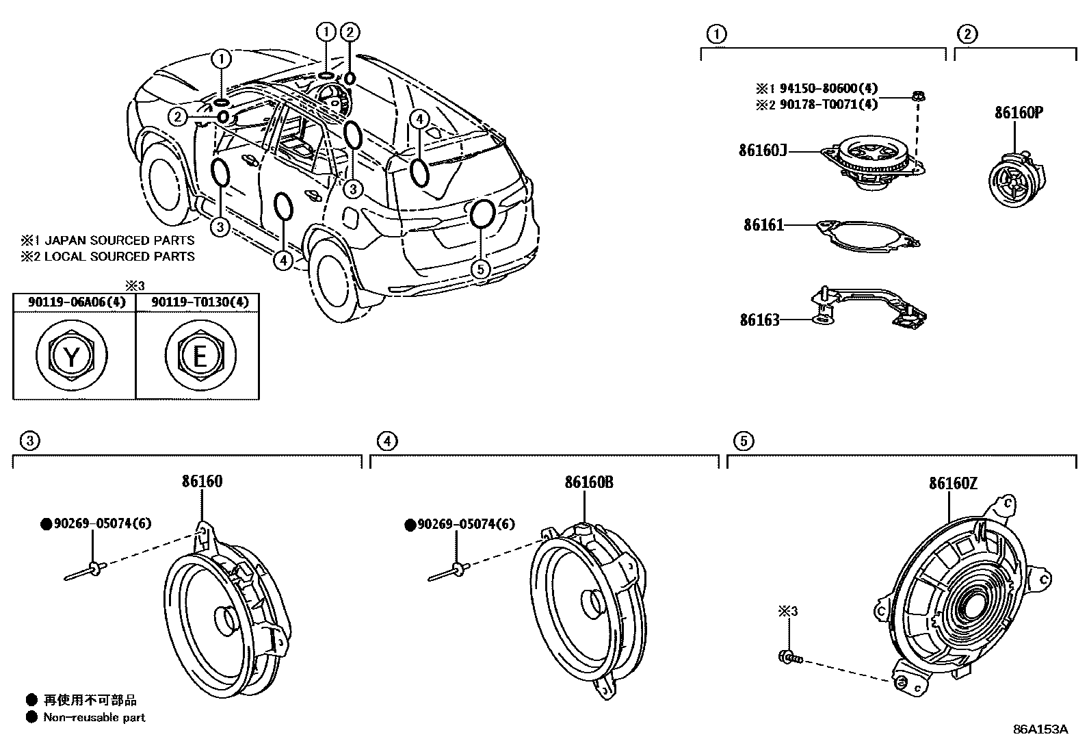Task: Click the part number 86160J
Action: coord(762,151)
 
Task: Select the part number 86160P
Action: coord(1019,113)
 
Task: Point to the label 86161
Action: coord(764,224)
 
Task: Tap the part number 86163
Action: coord(759,320)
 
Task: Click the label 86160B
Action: coord(589,482)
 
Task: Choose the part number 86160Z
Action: coord(953,483)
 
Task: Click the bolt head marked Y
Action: coord(71,356)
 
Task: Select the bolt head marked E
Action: coord(200,356)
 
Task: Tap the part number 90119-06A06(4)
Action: coord(77,302)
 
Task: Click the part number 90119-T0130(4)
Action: coord(200,302)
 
